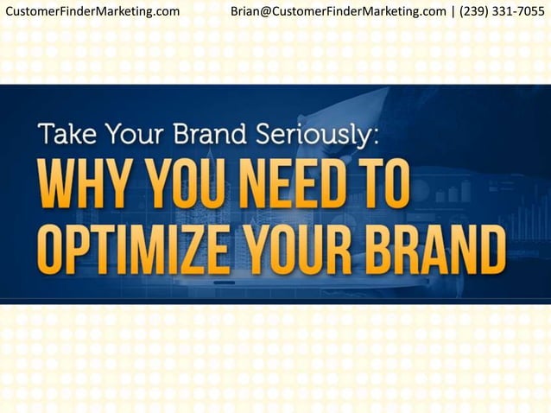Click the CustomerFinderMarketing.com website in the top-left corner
click(x=92, y=11)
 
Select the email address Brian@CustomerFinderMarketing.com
click(x=339, y=11)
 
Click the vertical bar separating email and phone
click(x=453, y=11)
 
